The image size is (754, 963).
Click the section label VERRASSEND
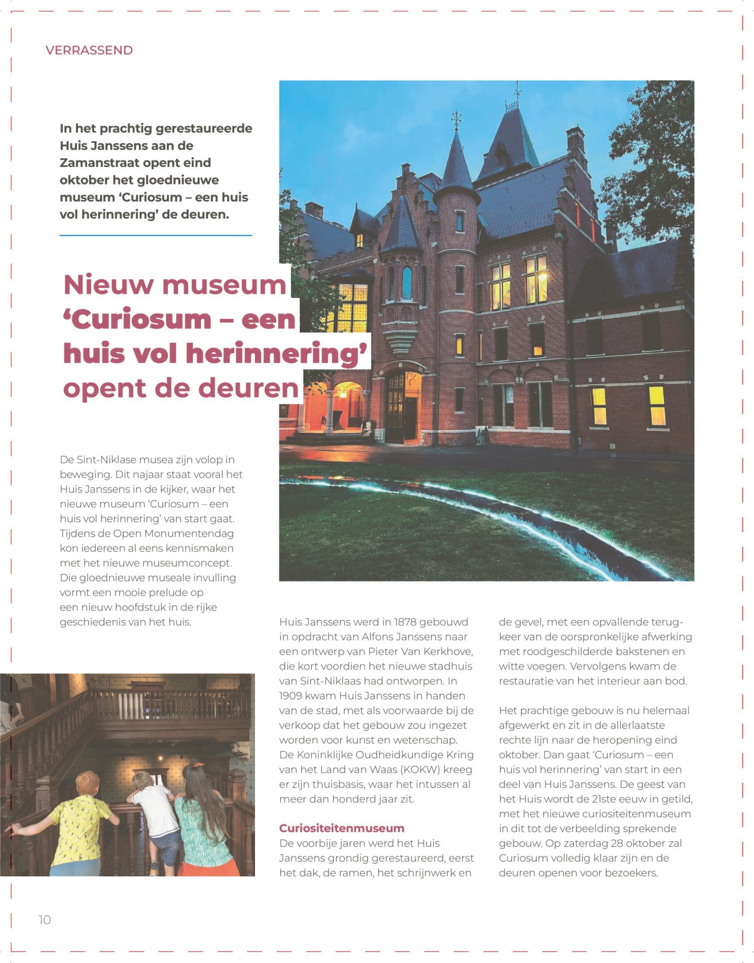[x=89, y=50]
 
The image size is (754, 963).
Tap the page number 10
[x=45, y=920]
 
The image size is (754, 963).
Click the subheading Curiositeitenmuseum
[x=341, y=828]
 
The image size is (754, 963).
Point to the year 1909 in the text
[x=293, y=696]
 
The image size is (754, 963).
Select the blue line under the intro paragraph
[x=155, y=236]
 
